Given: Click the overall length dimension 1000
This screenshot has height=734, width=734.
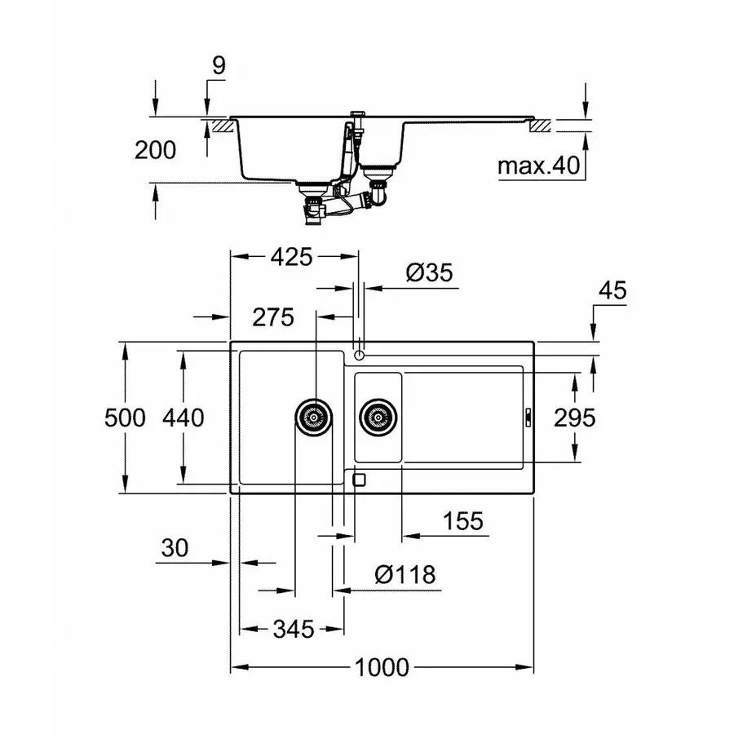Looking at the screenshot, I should (382, 668).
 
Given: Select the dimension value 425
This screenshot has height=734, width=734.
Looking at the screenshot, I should (291, 257).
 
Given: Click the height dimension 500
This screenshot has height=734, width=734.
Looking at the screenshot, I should (125, 418).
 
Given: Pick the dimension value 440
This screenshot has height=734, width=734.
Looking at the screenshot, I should (183, 418).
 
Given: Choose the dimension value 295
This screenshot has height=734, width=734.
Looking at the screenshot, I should (575, 418).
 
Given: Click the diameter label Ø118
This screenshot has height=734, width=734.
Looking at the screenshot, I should (405, 574).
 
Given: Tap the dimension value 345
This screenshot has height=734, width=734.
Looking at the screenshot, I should (293, 629).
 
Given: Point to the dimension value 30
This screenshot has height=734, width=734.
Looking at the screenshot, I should (175, 548).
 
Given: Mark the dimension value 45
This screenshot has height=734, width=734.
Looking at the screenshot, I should (612, 290).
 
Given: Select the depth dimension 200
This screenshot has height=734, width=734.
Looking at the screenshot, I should (154, 150).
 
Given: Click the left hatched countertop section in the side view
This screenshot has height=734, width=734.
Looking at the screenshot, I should (219, 126).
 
